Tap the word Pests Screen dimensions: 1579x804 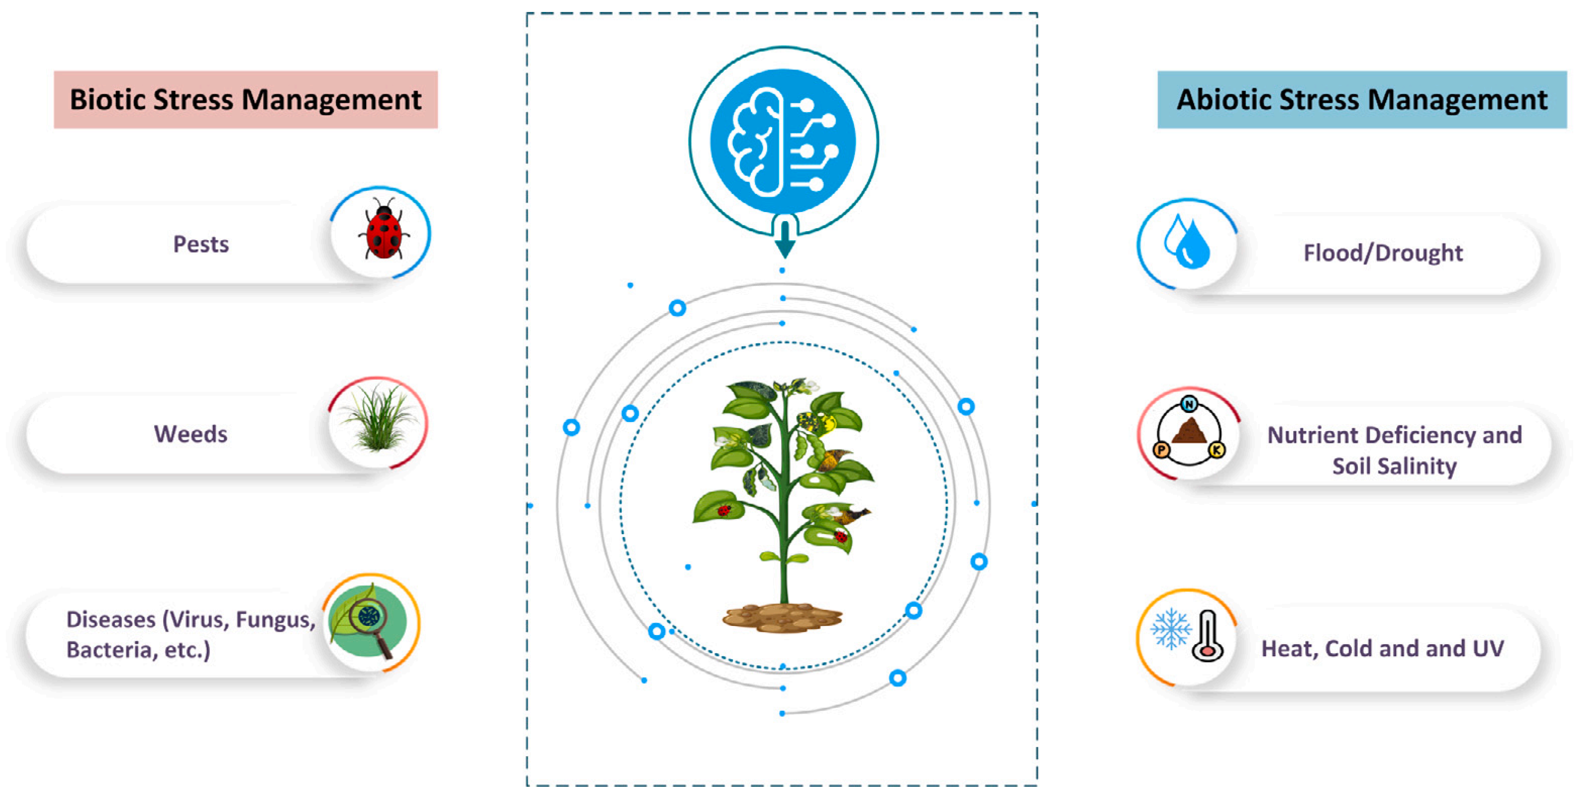[201, 245]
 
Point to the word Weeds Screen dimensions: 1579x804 [190, 435]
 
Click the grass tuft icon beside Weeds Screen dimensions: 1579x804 [378, 422]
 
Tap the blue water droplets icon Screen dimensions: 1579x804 [1187, 242]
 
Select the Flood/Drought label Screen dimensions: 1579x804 [1383, 253]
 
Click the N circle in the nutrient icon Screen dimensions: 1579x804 [1189, 404]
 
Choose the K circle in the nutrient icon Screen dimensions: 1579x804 [1217, 450]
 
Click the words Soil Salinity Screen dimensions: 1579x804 [1395, 466]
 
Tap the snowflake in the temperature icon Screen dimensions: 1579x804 [1170, 628]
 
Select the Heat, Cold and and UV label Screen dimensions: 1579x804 [1382, 648]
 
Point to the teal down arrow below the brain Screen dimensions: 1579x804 [784, 241]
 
